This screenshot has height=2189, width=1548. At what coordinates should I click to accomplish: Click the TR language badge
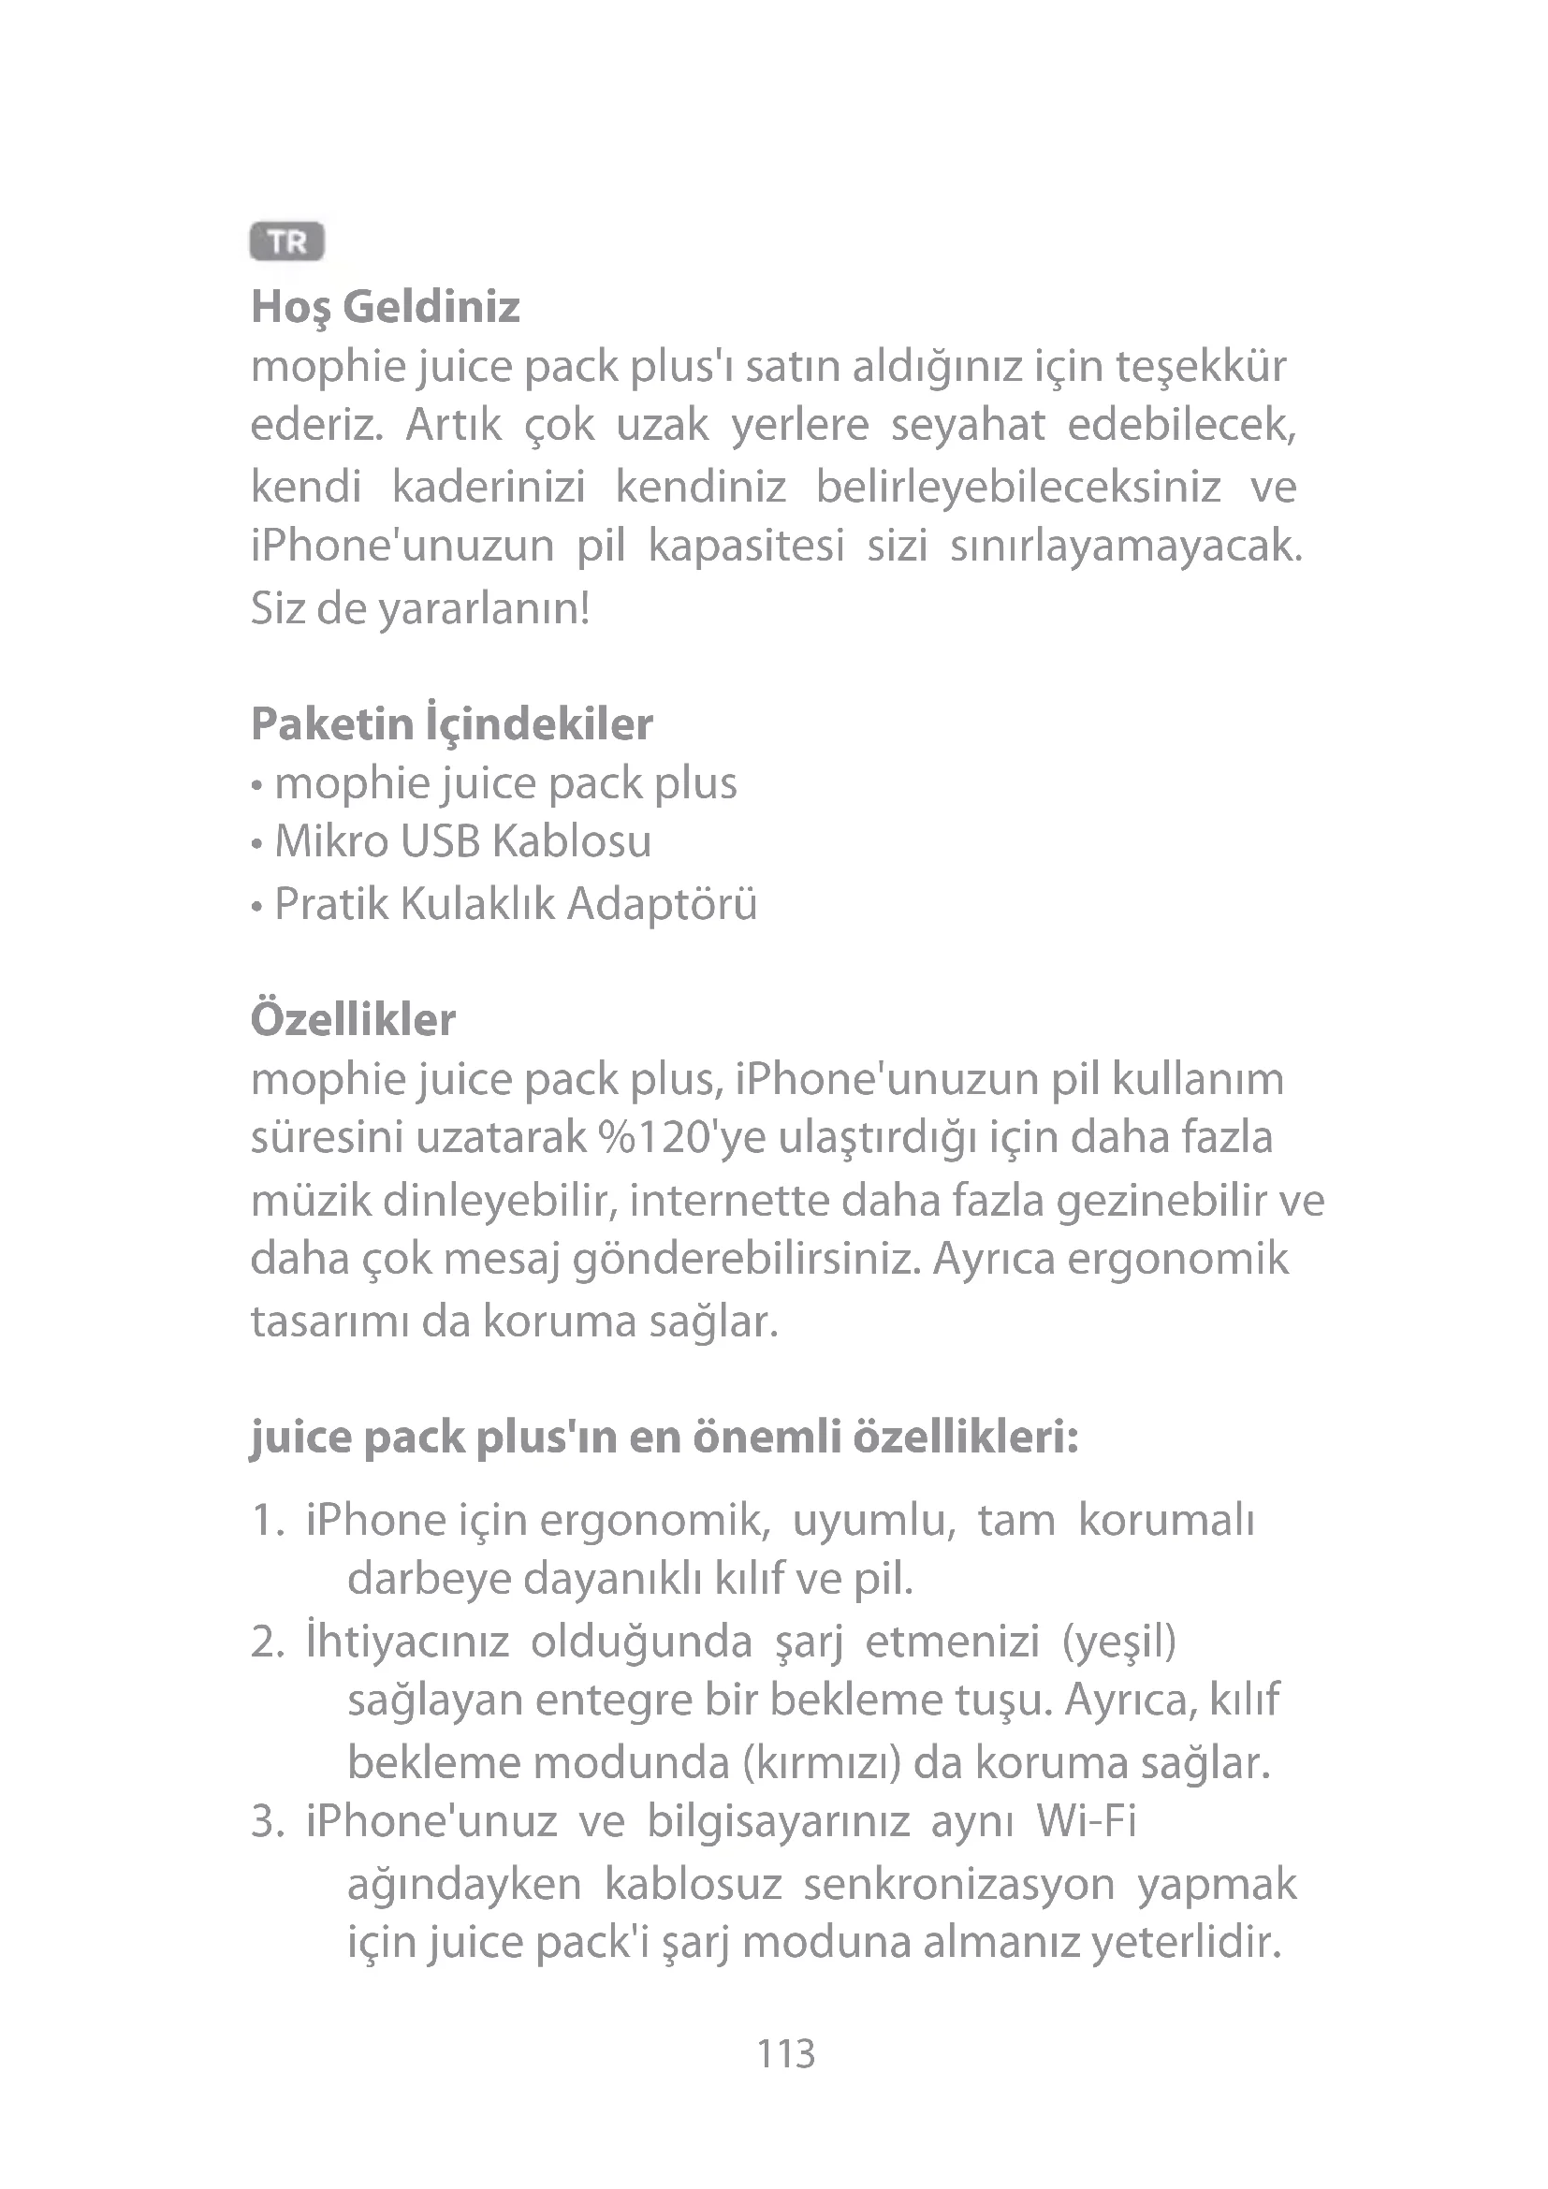[x=287, y=242]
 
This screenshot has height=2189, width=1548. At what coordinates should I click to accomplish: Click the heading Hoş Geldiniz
[x=385, y=307]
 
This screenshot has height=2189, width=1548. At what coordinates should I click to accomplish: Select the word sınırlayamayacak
[x=1125, y=547]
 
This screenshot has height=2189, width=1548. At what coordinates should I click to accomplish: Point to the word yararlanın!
[x=484, y=608]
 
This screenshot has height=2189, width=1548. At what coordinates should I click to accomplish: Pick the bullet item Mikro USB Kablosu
[x=462, y=842]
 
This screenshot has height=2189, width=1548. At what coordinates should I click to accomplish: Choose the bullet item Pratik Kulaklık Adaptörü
[x=515, y=904]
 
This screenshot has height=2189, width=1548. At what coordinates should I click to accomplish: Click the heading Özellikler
[x=353, y=1019]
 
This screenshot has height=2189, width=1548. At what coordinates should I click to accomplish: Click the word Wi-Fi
[x=1087, y=1821]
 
